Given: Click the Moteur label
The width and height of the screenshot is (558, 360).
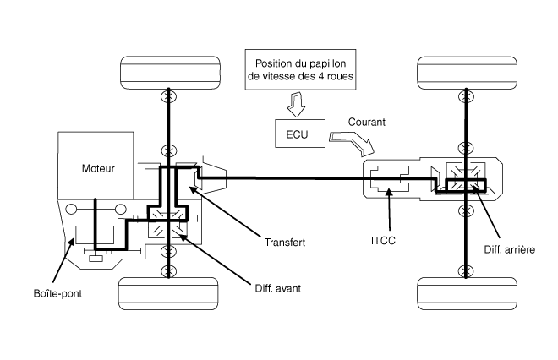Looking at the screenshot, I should pyautogui.click(x=99, y=168).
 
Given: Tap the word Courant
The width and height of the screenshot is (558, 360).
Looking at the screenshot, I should pyautogui.click(x=366, y=122).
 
